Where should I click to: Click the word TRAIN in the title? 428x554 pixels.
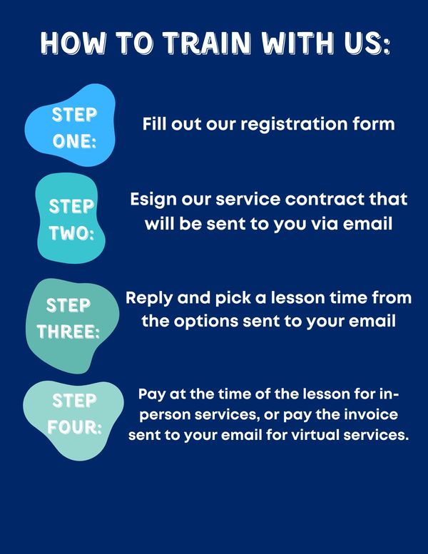(x=207, y=43)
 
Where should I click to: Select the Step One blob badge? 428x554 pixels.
(x=70, y=125)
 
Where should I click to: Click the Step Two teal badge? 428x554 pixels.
(x=71, y=218)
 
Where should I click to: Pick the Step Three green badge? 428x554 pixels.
(x=72, y=326)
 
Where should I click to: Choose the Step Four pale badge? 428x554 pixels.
(x=73, y=421)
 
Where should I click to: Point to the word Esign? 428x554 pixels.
(x=153, y=200)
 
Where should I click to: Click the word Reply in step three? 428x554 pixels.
(x=149, y=299)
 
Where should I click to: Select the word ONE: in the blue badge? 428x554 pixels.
(x=74, y=141)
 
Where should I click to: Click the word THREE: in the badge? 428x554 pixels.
(x=68, y=332)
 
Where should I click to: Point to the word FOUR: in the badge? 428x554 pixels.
(x=75, y=428)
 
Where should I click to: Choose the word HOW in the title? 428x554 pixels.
(x=73, y=43)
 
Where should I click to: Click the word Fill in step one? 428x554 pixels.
(x=154, y=124)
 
